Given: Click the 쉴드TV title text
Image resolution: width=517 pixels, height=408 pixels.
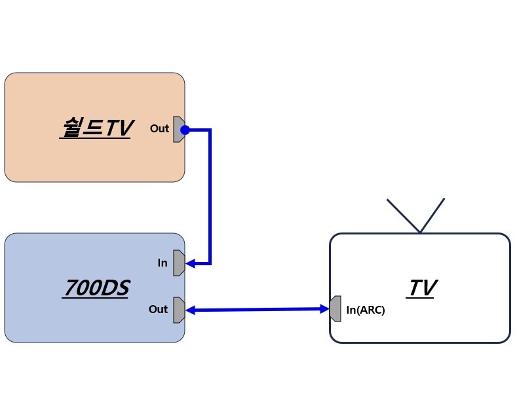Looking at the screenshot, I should coord(96,128).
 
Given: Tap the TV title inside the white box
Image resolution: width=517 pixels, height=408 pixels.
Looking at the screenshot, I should coord(423,288).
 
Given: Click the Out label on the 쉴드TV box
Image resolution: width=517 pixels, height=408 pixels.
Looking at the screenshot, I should coord(159,128).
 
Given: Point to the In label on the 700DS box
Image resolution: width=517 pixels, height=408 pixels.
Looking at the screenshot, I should coord(163,263).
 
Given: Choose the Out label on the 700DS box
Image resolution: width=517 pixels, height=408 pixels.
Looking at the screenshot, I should coord(158,309).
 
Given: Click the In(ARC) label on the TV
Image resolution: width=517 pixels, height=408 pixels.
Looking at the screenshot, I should coord(366,310).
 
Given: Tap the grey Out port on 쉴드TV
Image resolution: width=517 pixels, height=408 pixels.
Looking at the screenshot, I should coord(178,130).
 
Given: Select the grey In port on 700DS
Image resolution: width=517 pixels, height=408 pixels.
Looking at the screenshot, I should coord(178,263).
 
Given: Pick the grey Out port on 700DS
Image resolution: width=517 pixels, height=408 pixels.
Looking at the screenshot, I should coord(178,310).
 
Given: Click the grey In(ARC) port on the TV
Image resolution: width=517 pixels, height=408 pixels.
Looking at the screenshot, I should coord(335,309).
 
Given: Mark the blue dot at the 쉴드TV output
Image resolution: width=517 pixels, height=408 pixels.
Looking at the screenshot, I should coord(185,130).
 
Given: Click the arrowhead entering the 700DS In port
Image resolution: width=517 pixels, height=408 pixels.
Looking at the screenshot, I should coord(191,264).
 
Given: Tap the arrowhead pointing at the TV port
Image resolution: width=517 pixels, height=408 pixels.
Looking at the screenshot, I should coord(324,308).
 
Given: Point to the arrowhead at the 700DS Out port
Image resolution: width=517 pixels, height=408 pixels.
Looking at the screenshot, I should coord(191,310).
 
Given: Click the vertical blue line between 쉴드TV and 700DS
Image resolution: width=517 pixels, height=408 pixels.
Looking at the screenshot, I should coord(210,196).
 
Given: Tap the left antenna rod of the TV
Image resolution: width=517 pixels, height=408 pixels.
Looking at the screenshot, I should coord(403,215).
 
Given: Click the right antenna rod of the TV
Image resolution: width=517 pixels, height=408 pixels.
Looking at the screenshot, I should coord(432,215).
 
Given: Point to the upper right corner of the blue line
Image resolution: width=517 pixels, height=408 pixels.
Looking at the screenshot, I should coord(210,130).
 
